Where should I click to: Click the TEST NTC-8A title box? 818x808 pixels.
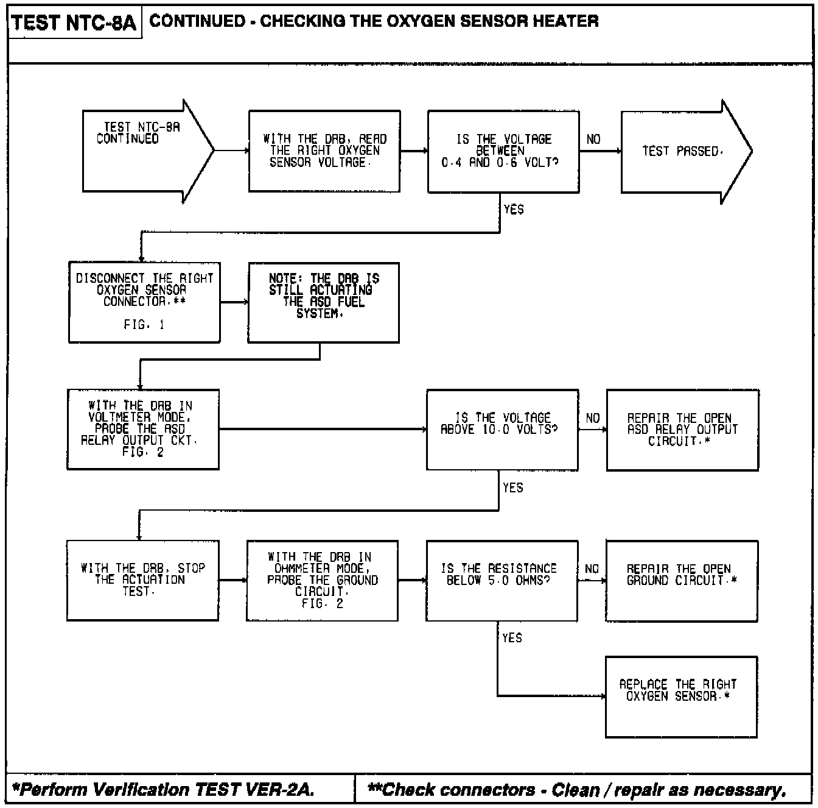[x=74, y=23]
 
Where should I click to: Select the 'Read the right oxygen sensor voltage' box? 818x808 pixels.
[x=324, y=151]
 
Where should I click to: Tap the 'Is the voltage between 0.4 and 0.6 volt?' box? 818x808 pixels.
[x=503, y=151]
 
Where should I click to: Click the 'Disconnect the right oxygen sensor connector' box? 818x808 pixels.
[x=144, y=302]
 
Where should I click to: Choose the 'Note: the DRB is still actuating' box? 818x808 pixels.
[x=324, y=302]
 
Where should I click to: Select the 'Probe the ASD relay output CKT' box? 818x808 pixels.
[x=143, y=429]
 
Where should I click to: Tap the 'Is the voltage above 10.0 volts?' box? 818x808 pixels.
[x=503, y=430]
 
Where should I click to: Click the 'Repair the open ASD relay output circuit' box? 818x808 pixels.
[x=682, y=430]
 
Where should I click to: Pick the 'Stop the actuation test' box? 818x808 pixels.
[x=142, y=580]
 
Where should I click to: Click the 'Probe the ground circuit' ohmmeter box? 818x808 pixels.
[x=323, y=580]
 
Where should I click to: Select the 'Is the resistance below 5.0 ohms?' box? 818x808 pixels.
[x=502, y=580]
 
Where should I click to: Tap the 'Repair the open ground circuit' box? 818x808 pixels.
[x=682, y=580]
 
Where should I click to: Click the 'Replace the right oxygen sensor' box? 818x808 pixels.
[x=682, y=696]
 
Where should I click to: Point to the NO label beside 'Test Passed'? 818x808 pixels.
[x=593, y=140]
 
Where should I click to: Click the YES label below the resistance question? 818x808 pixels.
[x=512, y=638]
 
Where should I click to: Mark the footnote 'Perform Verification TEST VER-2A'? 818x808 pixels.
[x=164, y=790]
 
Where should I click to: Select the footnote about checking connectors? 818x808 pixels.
[x=577, y=790]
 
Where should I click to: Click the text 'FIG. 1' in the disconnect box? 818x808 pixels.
[x=144, y=325]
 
